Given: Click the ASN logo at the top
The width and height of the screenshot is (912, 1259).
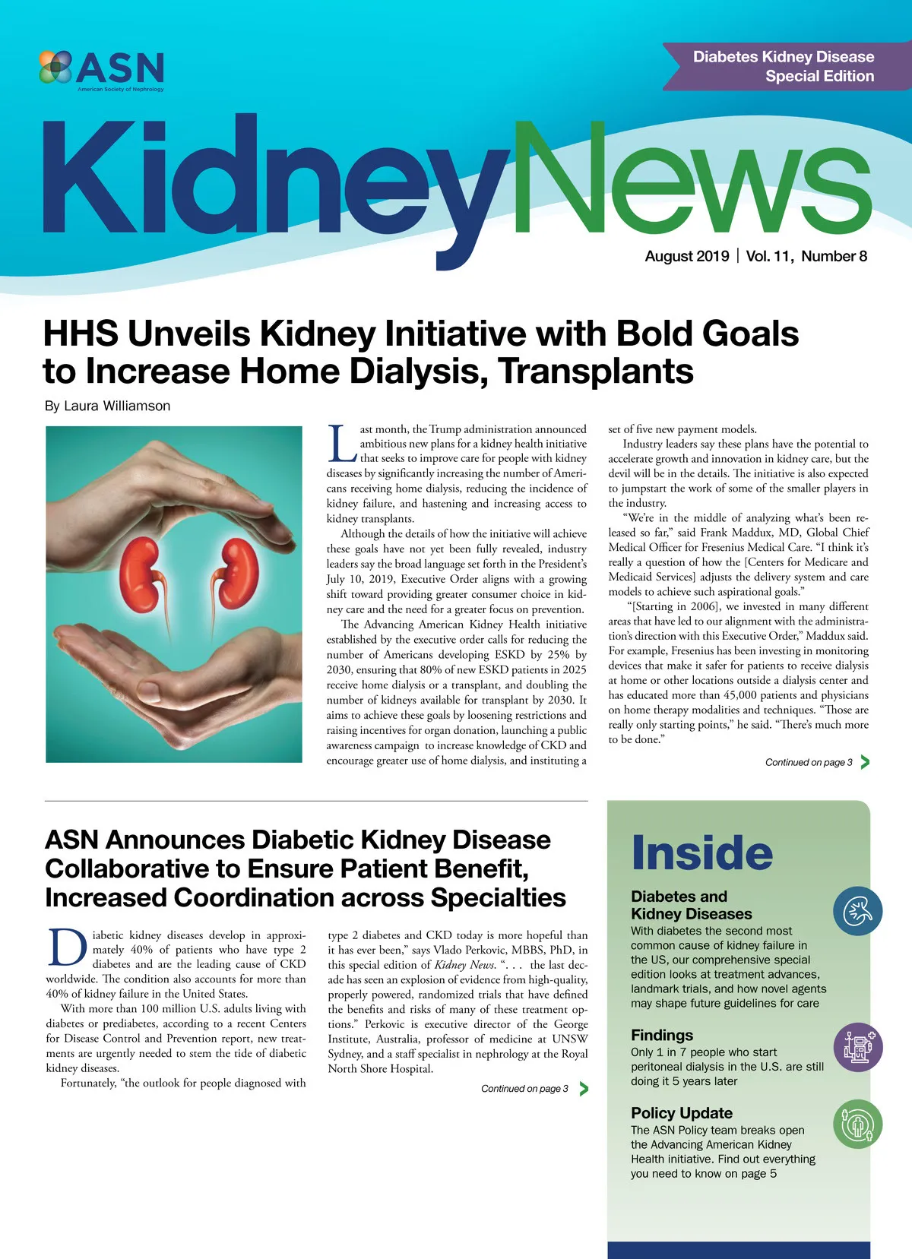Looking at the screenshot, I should click(x=101, y=69).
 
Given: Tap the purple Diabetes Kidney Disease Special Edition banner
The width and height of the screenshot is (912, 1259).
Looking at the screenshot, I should click(x=782, y=66).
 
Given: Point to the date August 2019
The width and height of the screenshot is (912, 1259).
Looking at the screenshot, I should click(x=686, y=256).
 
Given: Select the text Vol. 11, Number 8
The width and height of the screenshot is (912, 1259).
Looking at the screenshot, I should click(x=806, y=256).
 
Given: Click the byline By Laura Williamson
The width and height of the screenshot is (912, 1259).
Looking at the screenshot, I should click(x=107, y=406).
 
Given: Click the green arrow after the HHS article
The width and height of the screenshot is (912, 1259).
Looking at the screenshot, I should click(x=865, y=762).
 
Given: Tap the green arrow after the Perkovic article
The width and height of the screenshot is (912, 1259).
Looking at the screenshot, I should click(x=584, y=1089).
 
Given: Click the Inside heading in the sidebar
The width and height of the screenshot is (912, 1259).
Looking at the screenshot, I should click(x=701, y=853).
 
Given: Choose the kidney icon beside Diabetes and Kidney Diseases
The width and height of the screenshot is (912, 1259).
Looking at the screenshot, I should click(x=857, y=910).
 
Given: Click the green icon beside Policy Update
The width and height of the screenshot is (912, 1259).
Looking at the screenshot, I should click(x=858, y=1125).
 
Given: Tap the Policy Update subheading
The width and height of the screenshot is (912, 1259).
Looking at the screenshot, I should click(x=681, y=1113).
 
